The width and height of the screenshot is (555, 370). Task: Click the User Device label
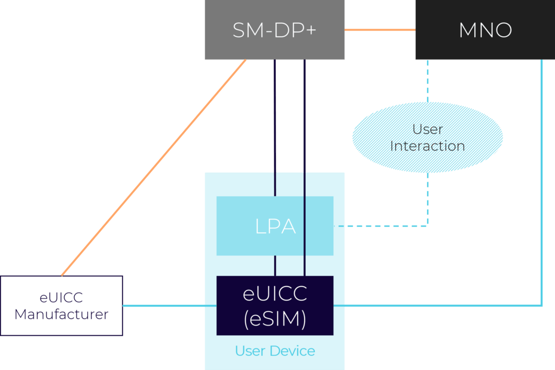(x=275, y=351)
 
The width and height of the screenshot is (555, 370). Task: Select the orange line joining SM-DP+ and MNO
(x=379, y=30)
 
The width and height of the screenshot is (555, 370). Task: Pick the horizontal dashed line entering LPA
(x=379, y=226)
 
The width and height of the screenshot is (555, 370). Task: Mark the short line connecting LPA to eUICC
(x=275, y=265)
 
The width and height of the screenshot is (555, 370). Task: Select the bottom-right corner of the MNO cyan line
(x=541, y=306)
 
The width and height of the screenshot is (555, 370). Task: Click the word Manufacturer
(x=61, y=314)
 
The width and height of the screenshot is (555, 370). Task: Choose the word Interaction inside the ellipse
(x=428, y=146)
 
